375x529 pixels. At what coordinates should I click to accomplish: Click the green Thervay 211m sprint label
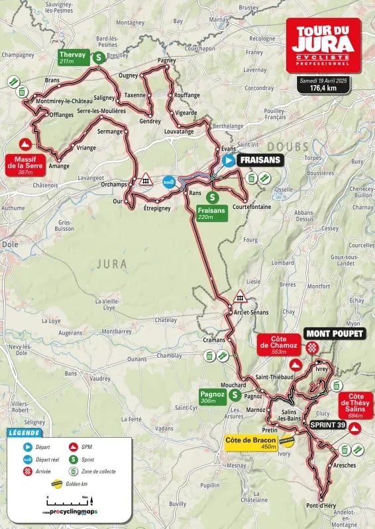pos(72,58)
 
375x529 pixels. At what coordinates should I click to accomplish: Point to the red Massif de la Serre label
pos(25,163)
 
